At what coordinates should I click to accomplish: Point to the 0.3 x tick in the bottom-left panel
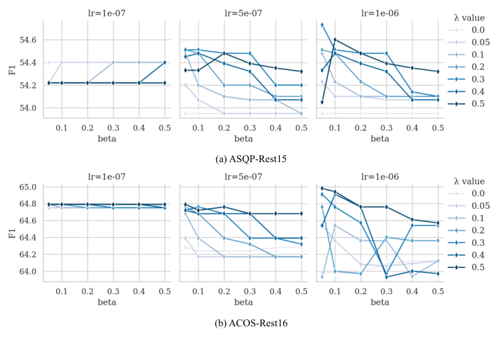(113, 291)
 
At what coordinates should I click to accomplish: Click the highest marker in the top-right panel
(322, 25)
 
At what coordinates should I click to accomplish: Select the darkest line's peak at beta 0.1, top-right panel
(335, 40)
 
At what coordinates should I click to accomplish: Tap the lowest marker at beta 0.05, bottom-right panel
(322, 277)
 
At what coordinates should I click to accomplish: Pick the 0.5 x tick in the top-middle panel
(301, 127)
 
